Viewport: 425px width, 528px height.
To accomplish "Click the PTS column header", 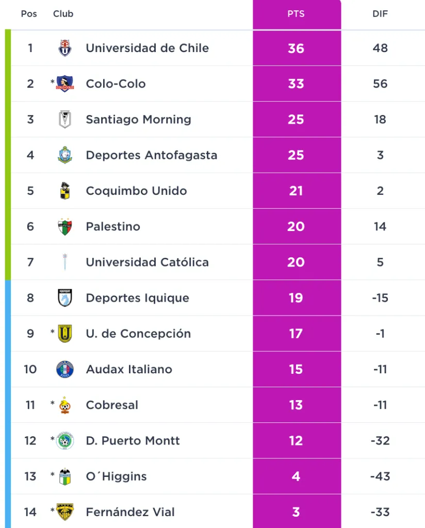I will tap(296, 14).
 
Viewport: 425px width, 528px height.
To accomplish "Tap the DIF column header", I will tap(380, 14).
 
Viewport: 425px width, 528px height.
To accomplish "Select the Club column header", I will tap(63, 14).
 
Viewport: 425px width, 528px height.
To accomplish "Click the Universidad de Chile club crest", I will tap(65, 48).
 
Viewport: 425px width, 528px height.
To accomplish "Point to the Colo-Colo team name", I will tap(116, 84).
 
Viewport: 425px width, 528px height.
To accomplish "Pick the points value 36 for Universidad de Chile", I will tap(296, 48).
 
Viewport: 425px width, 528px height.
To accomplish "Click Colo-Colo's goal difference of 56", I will tap(380, 84).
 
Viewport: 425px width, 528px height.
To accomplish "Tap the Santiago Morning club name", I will tap(138, 119).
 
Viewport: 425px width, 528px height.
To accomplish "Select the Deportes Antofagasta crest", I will tap(65, 155).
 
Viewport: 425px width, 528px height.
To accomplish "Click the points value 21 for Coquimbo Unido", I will tap(296, 191).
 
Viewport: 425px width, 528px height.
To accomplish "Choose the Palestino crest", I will tap(65, 226).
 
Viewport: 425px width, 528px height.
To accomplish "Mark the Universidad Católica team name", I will tap(147, 262).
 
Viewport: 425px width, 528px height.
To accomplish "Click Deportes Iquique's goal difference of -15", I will tap(380, 298).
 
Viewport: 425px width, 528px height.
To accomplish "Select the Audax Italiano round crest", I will tap(65, 369).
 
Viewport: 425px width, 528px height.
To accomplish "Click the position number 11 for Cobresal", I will tap(30, 405).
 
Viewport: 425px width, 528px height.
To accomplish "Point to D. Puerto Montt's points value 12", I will tap(296, 441).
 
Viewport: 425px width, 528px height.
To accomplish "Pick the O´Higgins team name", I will tap(116, 476).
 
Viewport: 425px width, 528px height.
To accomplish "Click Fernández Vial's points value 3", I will tap(296, 512).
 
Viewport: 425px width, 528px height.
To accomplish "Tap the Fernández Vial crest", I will tap(65, 512).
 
